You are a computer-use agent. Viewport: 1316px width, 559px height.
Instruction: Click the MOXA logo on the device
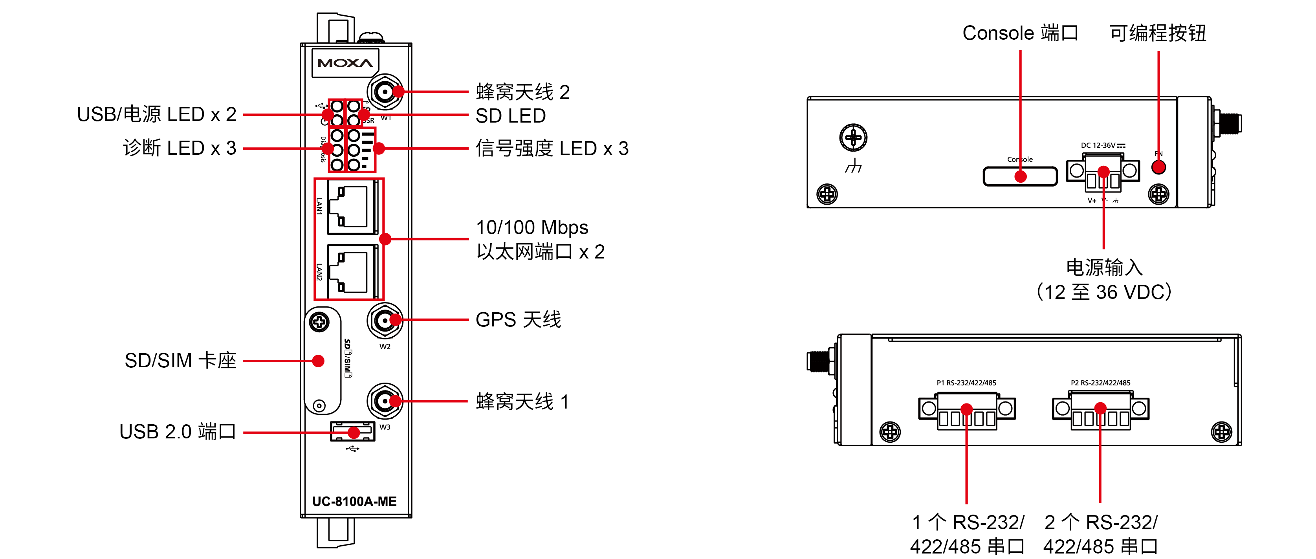345,63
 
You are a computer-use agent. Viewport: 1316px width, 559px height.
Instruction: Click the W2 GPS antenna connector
384,321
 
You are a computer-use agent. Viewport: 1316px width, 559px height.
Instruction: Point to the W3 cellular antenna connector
384,401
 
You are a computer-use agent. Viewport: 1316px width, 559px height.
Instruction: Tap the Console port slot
1020,176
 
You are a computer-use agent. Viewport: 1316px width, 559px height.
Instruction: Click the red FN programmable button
1158,167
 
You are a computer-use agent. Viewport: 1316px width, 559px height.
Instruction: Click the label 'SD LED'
510,116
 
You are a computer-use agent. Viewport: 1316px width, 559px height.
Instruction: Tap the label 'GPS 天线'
518,320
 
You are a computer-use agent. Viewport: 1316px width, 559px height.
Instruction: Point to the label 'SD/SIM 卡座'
180,361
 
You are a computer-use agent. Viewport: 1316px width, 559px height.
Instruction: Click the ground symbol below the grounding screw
853,166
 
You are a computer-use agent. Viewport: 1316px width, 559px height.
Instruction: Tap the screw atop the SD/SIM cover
320,322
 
